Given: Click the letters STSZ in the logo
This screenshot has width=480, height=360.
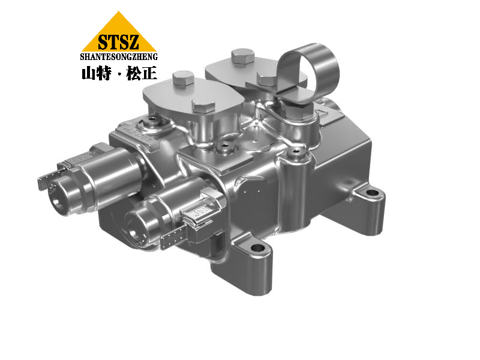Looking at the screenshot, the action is point(118,42).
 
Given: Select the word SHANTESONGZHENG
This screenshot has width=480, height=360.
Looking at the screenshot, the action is point(119,56).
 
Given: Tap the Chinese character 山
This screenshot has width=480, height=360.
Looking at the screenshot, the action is point(88,73).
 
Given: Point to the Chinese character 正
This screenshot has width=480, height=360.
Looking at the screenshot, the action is point(149,73).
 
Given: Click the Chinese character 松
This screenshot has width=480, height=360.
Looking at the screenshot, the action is point(134,73).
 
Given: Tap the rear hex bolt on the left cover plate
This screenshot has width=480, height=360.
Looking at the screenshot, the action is point(184,79).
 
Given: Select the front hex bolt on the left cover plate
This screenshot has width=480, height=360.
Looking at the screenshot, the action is point(203,107).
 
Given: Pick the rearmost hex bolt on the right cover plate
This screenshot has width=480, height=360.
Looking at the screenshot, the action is point(243,56).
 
